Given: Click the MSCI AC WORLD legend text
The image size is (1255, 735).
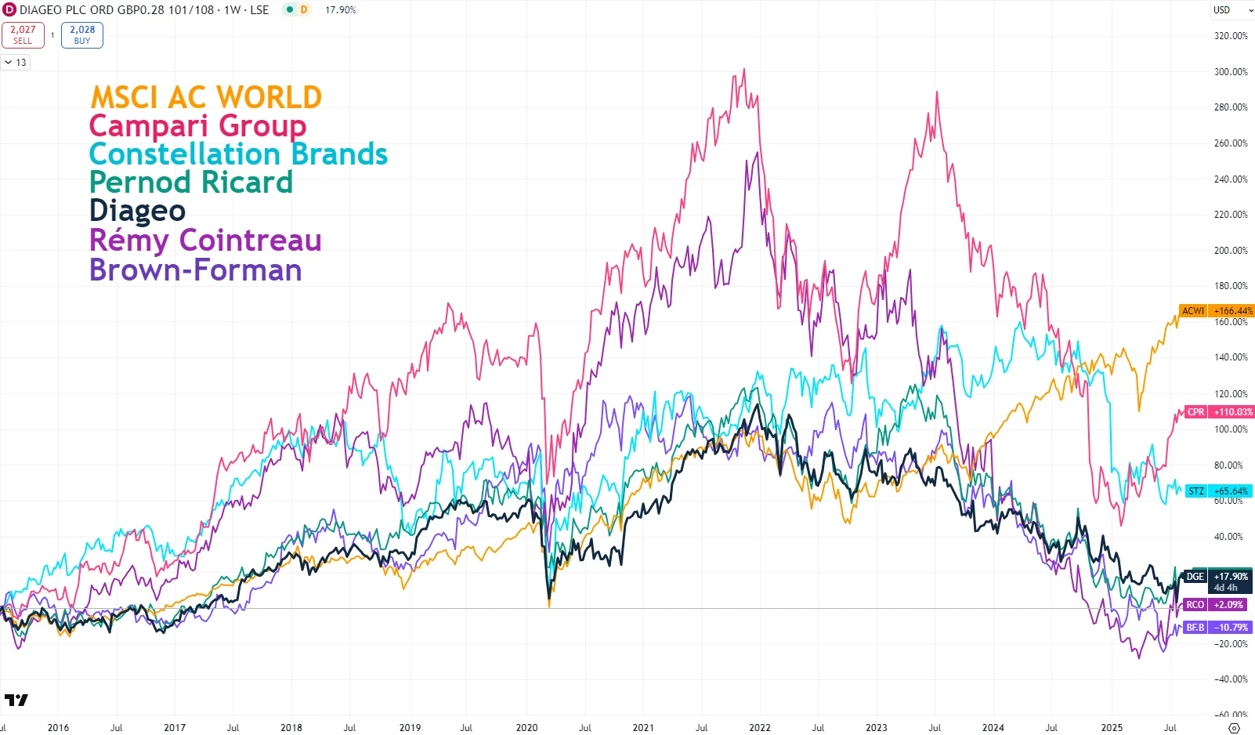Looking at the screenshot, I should pyautogui.click(x=206, y=98).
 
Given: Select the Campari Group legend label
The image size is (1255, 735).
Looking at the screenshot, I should pyautogui.click(x=197, y=126).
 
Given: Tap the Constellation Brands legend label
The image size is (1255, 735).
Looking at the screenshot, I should pyautogui.click(x=238, y=154).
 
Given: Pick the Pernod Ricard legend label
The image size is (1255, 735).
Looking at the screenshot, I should pyautogui.click(x=191, y=183).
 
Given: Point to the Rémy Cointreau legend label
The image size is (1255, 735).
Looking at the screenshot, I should pyautogui.click(x=205, y=240).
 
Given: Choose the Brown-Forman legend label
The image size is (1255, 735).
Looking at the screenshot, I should pyautogui.click(x=196, y=270).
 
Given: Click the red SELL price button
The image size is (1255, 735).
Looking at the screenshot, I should pyautogui.click(x=23, y=34).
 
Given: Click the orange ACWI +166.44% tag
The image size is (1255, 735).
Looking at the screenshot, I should pyautogui.click(x=1216, y=311).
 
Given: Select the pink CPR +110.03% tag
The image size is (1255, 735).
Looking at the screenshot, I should pyautogui.click(x=1219, y=412).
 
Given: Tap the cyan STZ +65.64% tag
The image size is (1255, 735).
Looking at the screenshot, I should pyautogui.click(x=1219, y=491).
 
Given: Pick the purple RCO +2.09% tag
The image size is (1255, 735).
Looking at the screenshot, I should pyautogui.click(x=1214, y=605).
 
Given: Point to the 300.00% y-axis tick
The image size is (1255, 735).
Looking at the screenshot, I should pyautogui.click(x=1230, y=72).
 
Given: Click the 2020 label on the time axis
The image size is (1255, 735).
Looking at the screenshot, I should pyautogui.click(x=526, y=727).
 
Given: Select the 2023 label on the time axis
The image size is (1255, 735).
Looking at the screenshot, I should pyautogui.click(x=876, y=727).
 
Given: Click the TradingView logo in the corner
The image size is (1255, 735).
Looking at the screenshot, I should pyautogui.click(x=16, y=700).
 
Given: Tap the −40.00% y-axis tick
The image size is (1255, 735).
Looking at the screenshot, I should pyautogui.click(x=1230, y=679).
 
